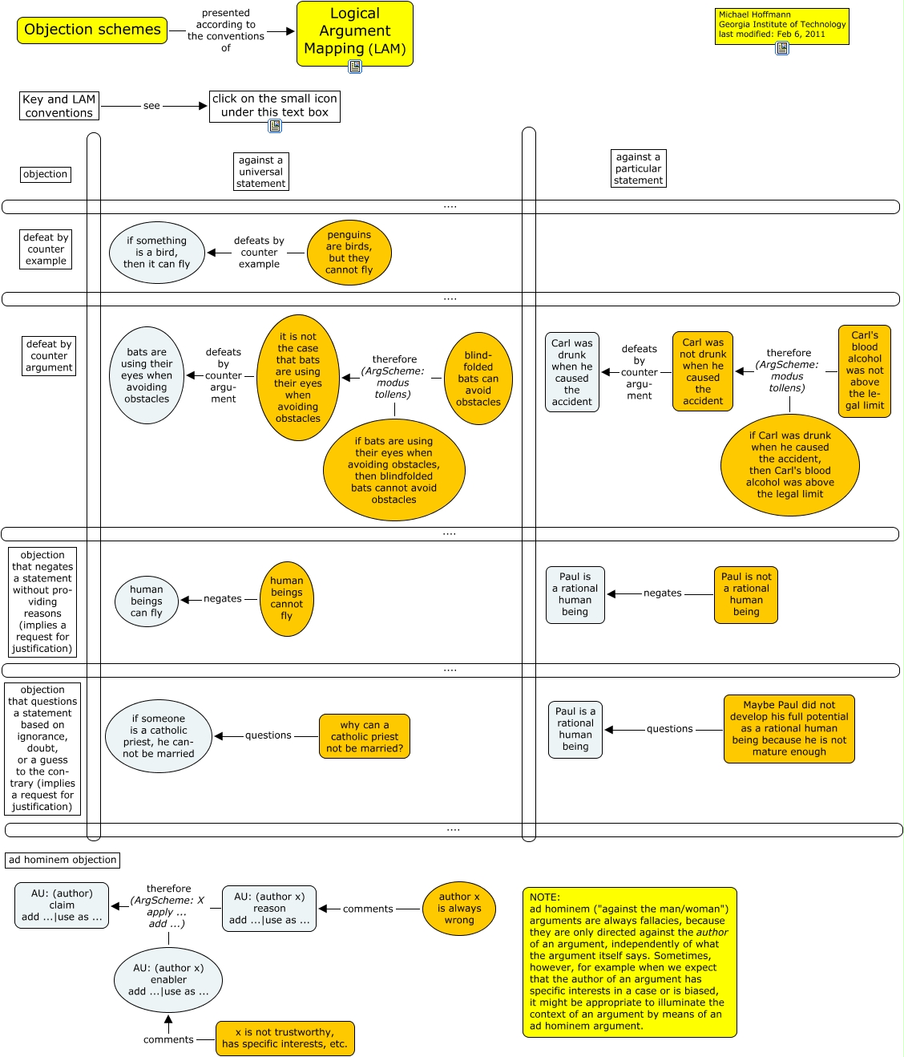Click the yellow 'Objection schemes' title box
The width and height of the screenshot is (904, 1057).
(92, 30)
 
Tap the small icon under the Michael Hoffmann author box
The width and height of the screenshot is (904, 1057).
(782, 48)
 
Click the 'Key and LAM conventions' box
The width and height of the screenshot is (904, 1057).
(59, 106)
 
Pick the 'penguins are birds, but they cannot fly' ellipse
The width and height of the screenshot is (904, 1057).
(349, 253)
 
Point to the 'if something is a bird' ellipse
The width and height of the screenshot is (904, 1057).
(157, 253)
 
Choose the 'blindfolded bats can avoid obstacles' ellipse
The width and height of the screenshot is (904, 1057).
(478, 379)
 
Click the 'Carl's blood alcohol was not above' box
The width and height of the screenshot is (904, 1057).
(865, 371)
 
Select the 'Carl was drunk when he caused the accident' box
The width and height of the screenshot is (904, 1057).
(571, 372)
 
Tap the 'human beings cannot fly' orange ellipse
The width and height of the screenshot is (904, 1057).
(286, 598)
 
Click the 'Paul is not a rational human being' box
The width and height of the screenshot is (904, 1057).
(746, 594)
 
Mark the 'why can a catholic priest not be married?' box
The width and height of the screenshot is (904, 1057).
(365, 736)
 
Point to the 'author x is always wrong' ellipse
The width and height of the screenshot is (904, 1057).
(459, 909)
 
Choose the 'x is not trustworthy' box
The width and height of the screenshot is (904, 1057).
(285, 1039)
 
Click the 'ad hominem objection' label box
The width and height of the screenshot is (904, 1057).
(63, 860)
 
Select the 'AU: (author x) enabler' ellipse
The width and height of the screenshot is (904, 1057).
(168, 979)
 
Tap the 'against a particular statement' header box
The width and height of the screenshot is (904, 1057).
(638, 168)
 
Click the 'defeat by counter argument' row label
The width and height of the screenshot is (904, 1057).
(49, 356)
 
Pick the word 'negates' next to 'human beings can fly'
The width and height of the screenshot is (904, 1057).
(222, 598)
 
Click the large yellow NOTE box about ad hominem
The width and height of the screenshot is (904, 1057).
(629, 962)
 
